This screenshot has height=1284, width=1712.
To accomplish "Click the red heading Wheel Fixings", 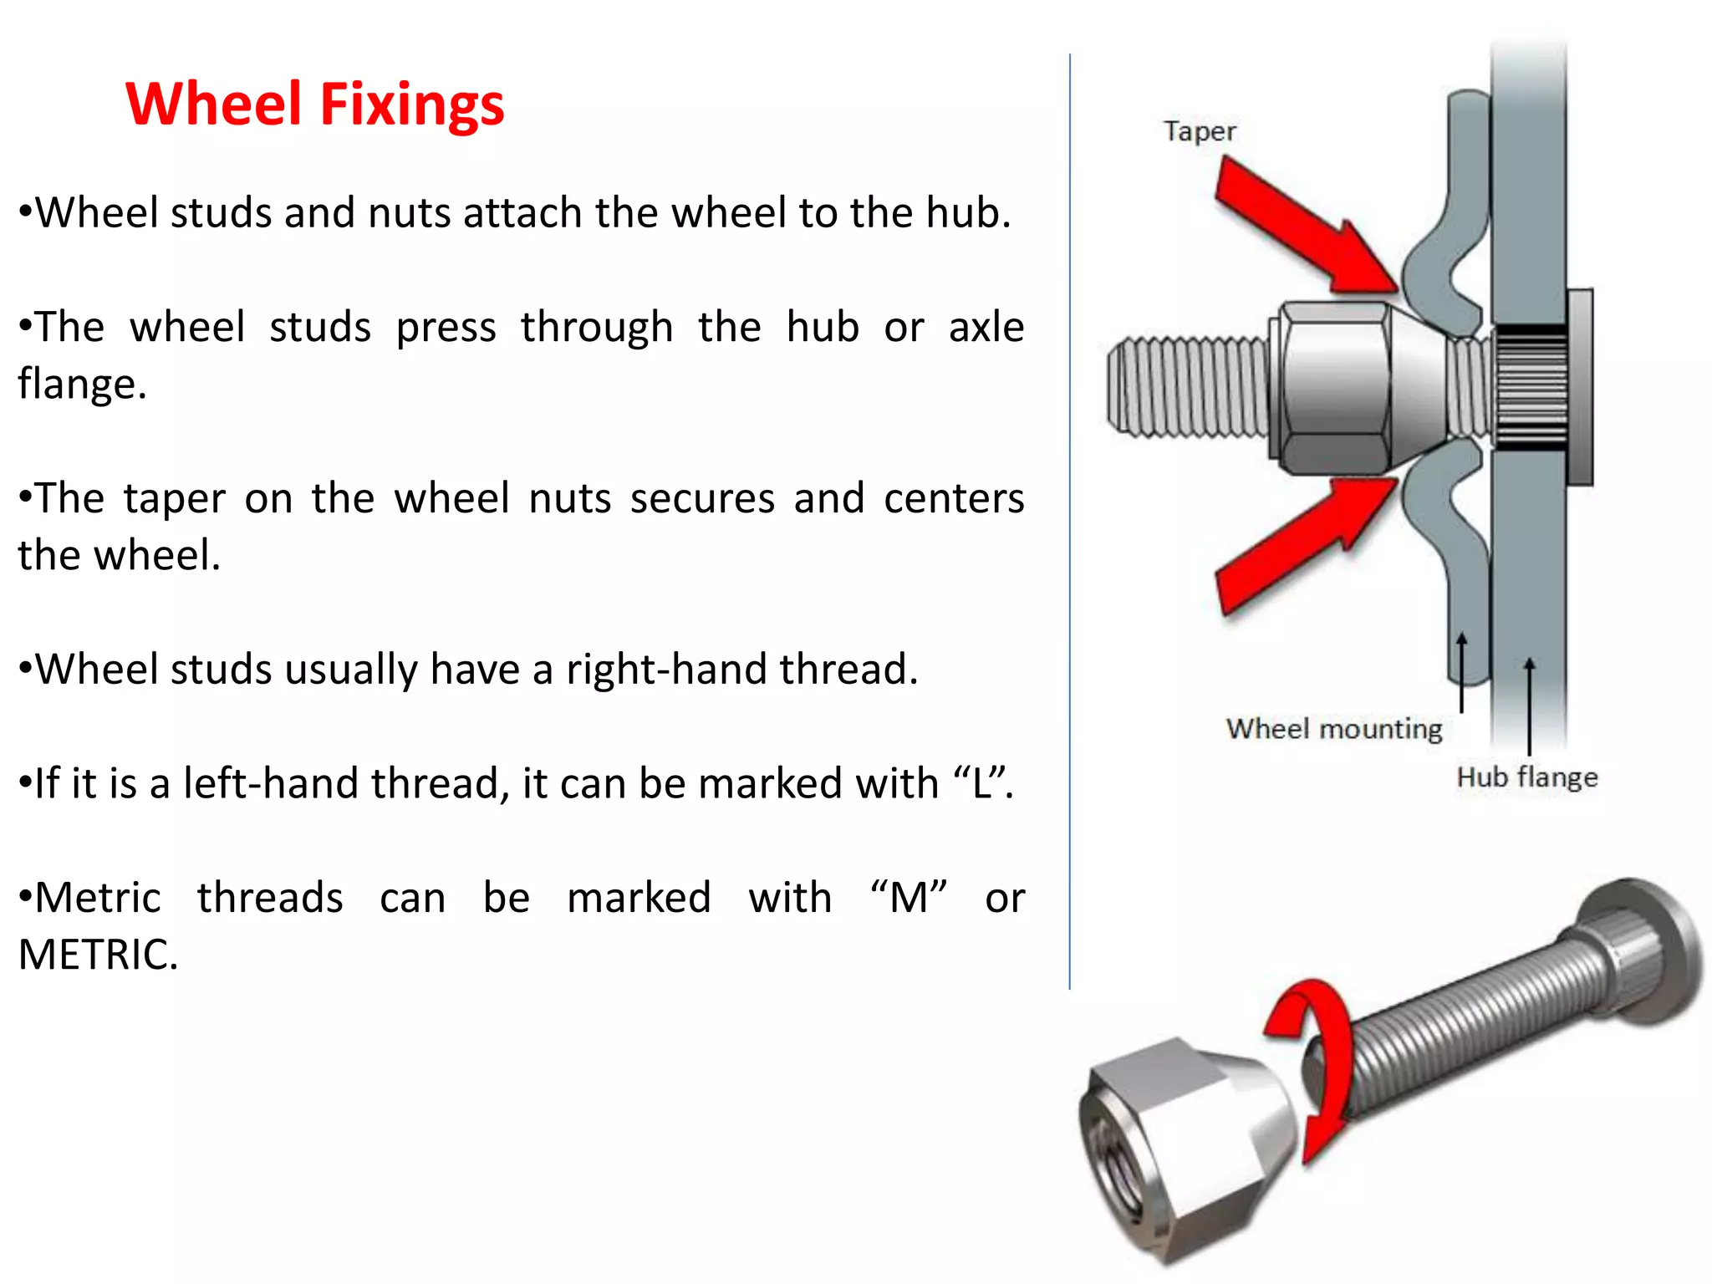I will pyautogui.click(x=314, y=104).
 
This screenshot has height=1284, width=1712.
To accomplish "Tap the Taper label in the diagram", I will pyautogui.click(x=1200, y=131).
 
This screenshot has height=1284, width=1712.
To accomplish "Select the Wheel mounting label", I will pyautogui.click(x=1334, y=729).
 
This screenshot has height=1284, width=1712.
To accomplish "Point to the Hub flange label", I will pyautogui.click(x=1526, y=777).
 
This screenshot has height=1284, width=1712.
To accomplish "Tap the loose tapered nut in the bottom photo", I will pyautogui.click(x=1187, y=1145).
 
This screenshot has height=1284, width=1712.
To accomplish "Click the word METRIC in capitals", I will pyautogui.click(x=98, y=955).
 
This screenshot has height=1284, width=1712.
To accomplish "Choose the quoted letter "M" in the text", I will pyautogui.click(x=909, y=898).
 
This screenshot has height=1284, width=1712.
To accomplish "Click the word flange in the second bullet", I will pyautogui.click(x=82, y=385).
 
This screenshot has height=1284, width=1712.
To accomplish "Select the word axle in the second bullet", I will pyautogui.click(x=986, y=327).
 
